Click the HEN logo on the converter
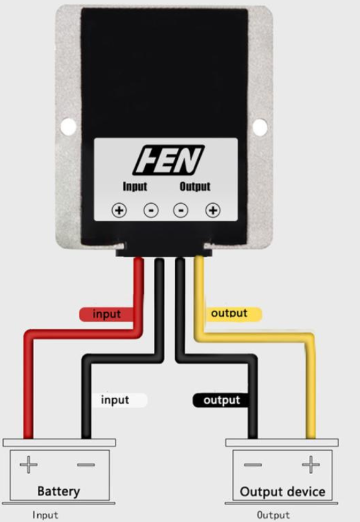tap(168, 160)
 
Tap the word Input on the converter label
tap(135, 187)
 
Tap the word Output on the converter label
tap(195, 187)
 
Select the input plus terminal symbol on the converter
tap(119, 211)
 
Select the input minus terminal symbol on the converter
tap(151, 211)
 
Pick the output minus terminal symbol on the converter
tap(181, 211)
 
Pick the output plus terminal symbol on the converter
tap(213, 211)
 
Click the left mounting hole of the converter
tap(69, 127)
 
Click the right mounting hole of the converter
tap(260, 127)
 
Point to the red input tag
tap(107, 314)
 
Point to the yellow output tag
tap(234, 314)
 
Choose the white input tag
tap(119, 400)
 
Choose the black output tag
tap(221, 400)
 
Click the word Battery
tap(59, 491)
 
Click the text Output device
tap(282, 492)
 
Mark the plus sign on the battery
tap(28, 465)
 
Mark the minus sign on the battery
tap(86, 465)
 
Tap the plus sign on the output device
tap(311, 465)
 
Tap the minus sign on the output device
tap(253, 465)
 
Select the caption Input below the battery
tap(45, 515)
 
